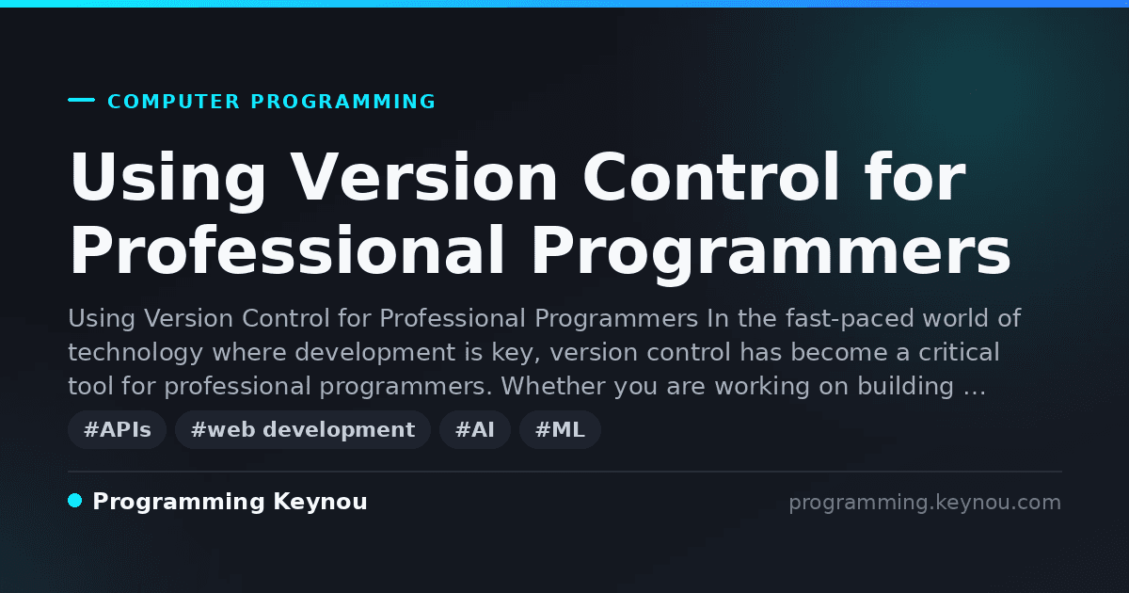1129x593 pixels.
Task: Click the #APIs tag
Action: click(x=117, y=429)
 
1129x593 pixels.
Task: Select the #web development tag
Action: click(x=303, y=429)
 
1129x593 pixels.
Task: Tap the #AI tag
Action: click(x=475, y=429)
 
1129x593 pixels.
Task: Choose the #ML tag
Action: click(x=560, y=429)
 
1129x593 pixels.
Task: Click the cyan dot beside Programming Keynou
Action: click(x=75, y=501)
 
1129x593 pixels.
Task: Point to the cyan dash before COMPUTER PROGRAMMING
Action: click(x=82, y=100)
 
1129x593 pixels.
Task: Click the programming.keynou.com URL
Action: click(x=925, y=503)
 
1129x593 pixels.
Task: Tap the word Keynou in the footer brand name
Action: click(x=320, y=502)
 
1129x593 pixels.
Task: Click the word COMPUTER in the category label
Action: click(x=173, y=102)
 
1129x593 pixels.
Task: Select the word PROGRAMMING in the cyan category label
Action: click(x=342, y=102)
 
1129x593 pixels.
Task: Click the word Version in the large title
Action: click(x=424, y=177)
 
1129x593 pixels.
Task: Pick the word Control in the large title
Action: click(x=710, y=177)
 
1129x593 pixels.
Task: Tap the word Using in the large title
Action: click(x=167, y=180)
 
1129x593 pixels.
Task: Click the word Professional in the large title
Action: click(x=286, y=250)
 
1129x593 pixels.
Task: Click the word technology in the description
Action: click(x=135, y=352)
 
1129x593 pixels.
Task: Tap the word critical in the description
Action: click(x=959, y=351)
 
